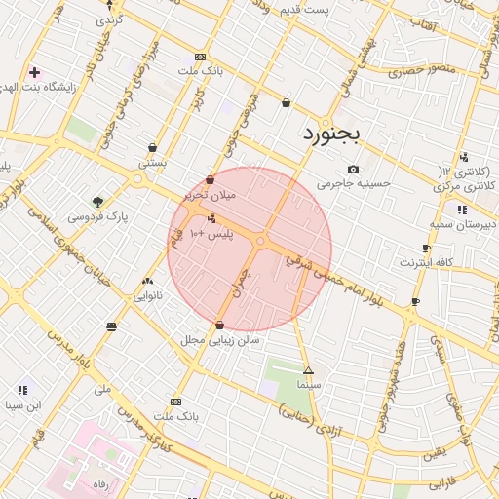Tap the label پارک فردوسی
tap(98, 215)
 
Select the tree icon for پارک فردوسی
tap(97, 200)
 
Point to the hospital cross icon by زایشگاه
tap(35, 72)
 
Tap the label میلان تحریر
tap(211, 195)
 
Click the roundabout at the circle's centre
tap(260, 241)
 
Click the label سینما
tap(310, 386)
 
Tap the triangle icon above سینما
tap(309, 371)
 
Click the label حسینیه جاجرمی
tap(353, 183)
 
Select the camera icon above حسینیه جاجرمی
tap(353, 169)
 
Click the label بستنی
tap(152, 163)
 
